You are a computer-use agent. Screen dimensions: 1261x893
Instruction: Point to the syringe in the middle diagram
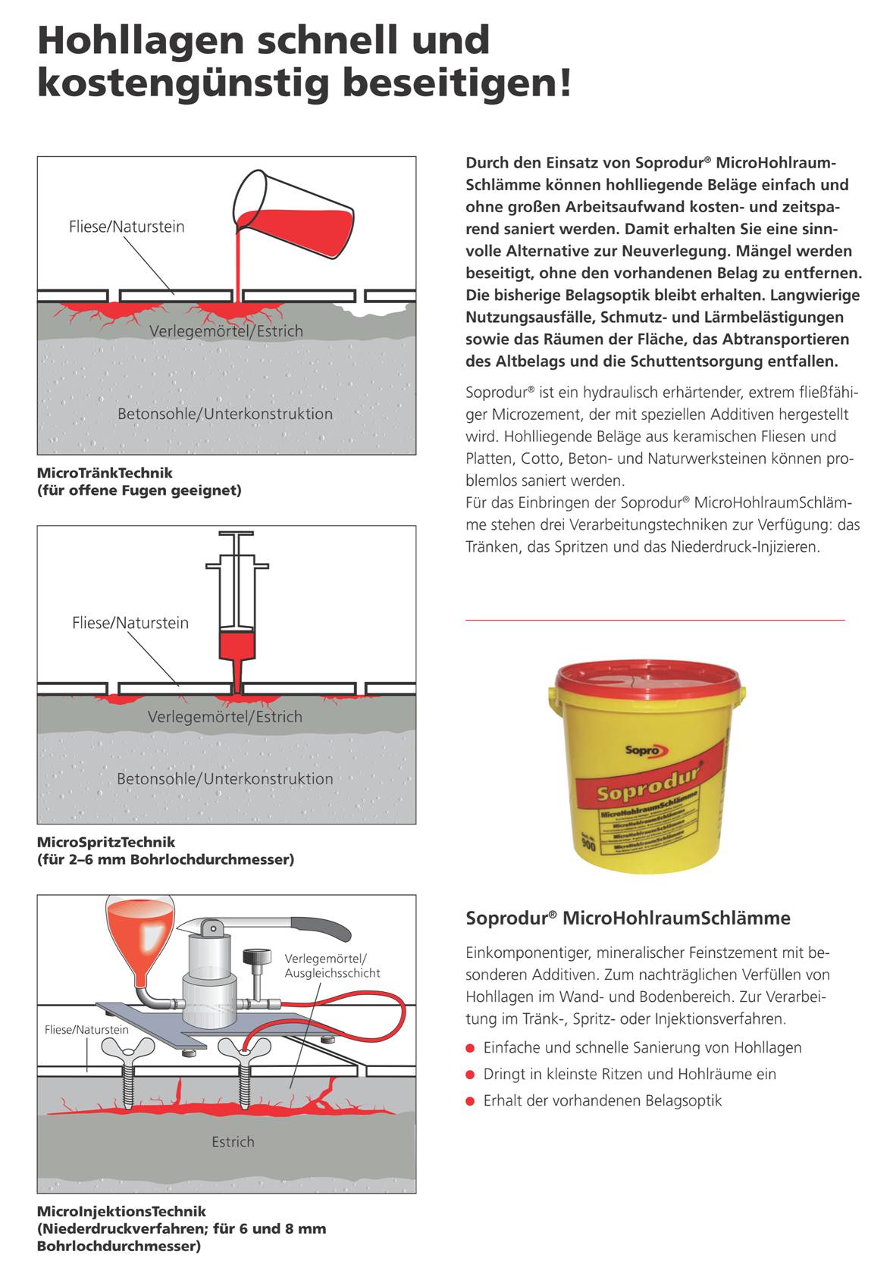pos(237,599)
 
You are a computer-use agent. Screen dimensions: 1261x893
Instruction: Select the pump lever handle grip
pos(322,926)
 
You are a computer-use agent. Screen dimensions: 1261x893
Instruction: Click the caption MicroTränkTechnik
pos(105,473)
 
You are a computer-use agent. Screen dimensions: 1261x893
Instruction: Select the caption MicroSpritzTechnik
pos(106,842)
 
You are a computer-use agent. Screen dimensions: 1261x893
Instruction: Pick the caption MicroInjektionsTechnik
pos(121,1211)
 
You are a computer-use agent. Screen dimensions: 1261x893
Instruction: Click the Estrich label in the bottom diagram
pos(233,1141)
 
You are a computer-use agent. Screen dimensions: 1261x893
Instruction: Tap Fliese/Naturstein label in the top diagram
pos(127,227)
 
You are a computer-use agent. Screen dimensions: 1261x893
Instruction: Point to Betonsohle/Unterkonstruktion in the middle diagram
pos(224,778)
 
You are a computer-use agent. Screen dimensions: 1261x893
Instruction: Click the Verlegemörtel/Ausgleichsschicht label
pos(332,965)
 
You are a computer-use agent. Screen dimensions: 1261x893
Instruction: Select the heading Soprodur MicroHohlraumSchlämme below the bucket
pos(628,918)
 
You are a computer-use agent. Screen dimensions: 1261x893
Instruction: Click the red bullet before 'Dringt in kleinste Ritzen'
pos(470,1075)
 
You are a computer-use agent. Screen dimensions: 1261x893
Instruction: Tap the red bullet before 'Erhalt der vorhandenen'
pos(470,1101)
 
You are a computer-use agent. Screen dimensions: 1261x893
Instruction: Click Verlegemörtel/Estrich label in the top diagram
pos(226,331)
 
